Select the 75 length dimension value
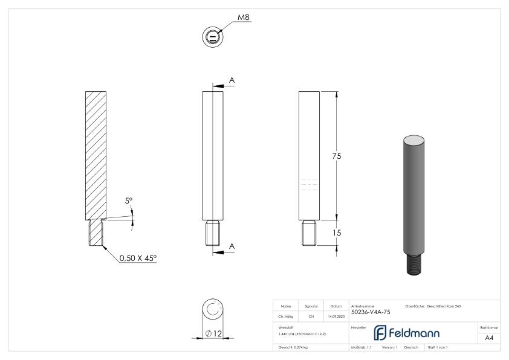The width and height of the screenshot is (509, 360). coord(337,156)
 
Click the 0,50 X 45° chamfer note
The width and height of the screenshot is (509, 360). coord(137,258)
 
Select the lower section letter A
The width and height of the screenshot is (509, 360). coord(232,246)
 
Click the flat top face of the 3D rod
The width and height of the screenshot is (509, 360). coord(415,140)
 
